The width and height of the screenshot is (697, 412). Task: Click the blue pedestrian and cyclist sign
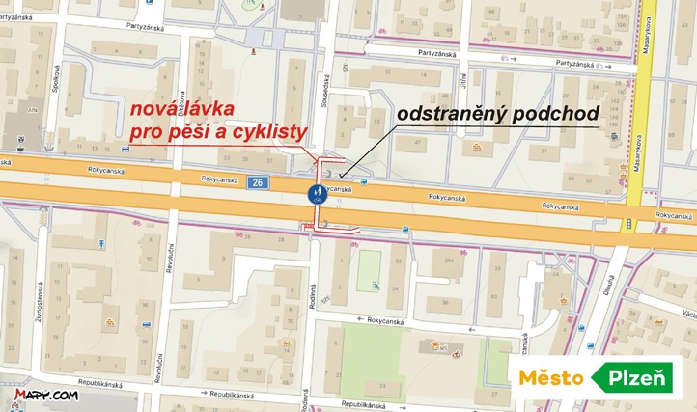tap(317, 194)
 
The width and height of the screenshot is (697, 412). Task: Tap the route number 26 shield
tap(256, 180)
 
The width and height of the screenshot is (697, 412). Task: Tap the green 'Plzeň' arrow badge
tap(637, 377)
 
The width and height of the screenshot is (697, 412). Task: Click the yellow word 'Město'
tap(550, 377)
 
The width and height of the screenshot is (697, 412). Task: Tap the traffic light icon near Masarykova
tap(629, 224)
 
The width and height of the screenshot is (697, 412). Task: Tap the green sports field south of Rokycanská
tap(370, 271)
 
